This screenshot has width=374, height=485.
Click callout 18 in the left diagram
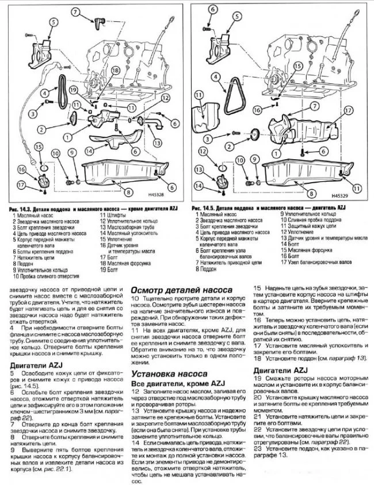tap(115, 70)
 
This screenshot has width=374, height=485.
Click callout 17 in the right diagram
tap(346, 109)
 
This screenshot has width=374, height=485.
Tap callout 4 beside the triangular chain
tap(213, 76)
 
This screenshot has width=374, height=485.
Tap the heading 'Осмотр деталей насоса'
tap(182, 290)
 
